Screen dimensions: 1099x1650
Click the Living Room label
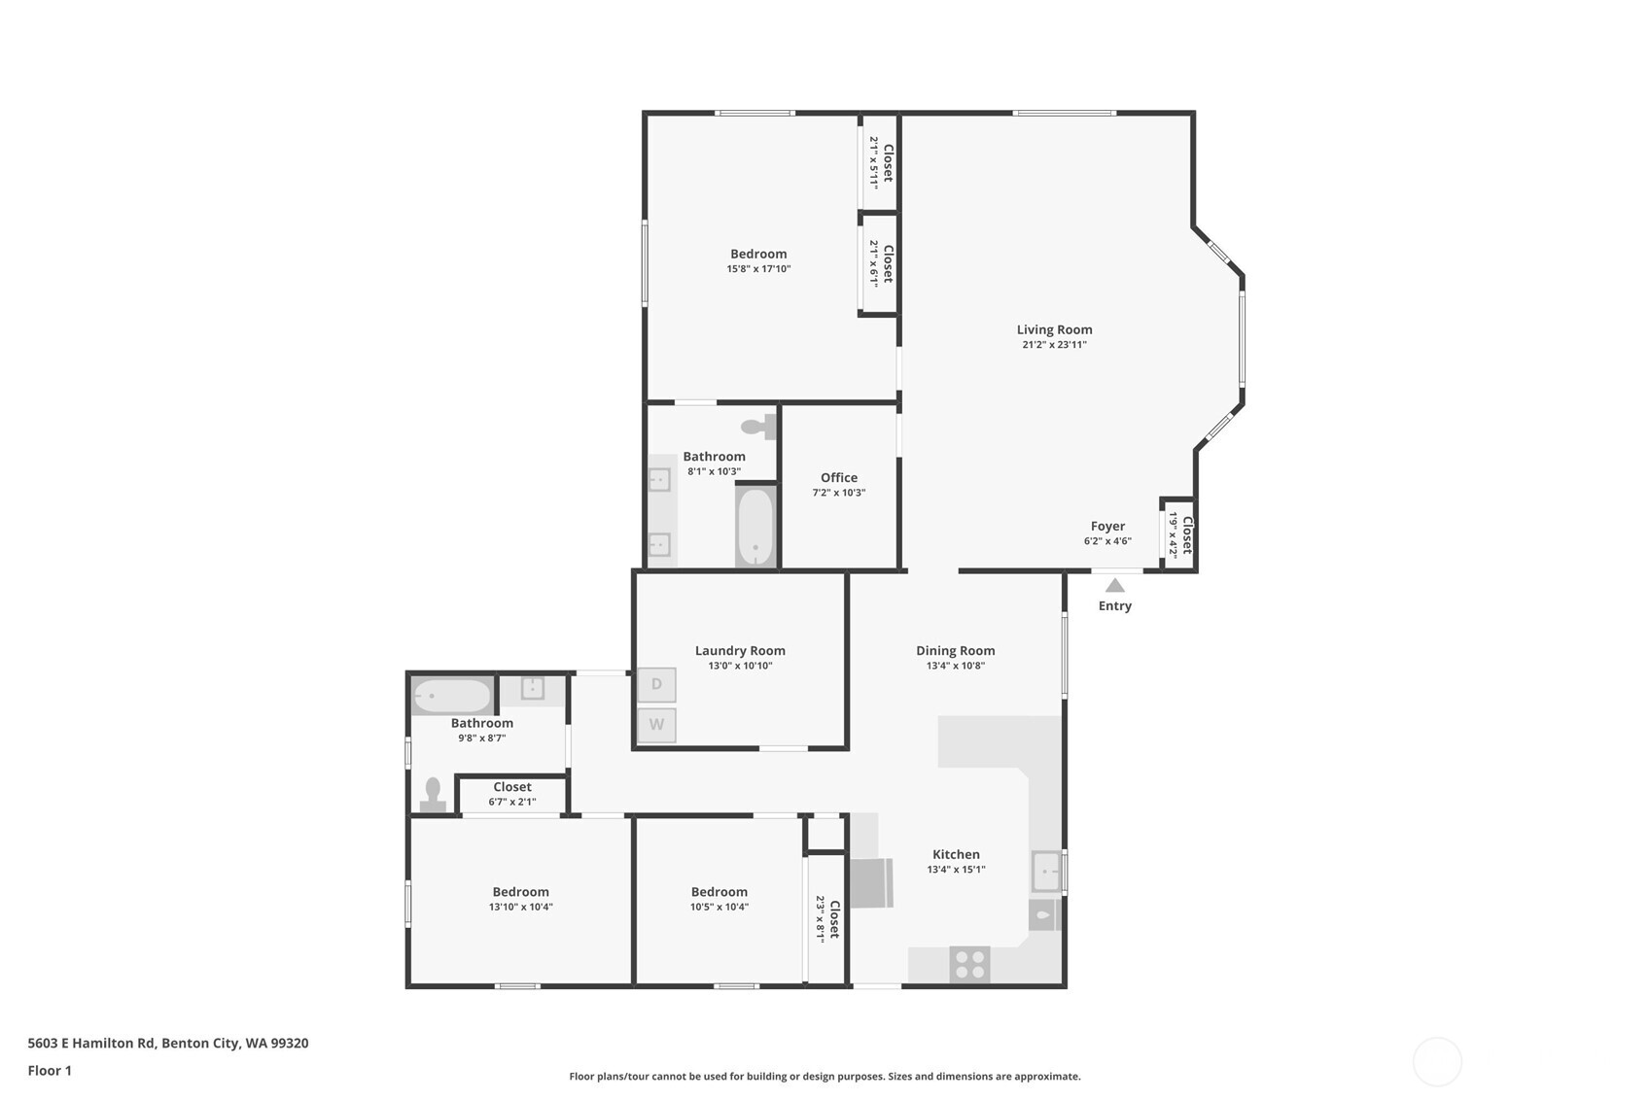1054,329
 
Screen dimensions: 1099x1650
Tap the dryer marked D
656,684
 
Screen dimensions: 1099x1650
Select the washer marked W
656,725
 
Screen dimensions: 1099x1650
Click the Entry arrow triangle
1115,585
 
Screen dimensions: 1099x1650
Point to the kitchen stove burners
969,965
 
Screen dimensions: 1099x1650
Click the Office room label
838,477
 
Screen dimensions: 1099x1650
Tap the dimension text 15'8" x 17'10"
758,269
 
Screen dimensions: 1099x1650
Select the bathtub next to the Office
755,526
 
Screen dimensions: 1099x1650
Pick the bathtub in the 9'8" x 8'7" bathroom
452,697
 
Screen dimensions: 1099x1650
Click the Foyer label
1107,526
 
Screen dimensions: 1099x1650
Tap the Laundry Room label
740,650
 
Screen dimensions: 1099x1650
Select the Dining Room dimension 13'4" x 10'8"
955,666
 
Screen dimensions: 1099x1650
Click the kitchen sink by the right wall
1046,872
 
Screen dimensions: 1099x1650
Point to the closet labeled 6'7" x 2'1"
511,794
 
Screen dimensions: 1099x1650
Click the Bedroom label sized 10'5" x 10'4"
719,891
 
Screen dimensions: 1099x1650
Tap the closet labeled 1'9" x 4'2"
1179,534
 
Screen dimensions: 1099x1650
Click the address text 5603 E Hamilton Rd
91,1043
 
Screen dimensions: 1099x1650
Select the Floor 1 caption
50,1070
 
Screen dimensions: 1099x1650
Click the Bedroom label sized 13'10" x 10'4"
520,891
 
